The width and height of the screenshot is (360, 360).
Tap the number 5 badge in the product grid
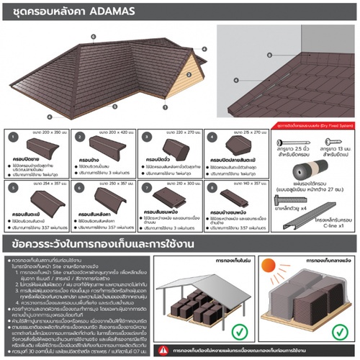(12, 187)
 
